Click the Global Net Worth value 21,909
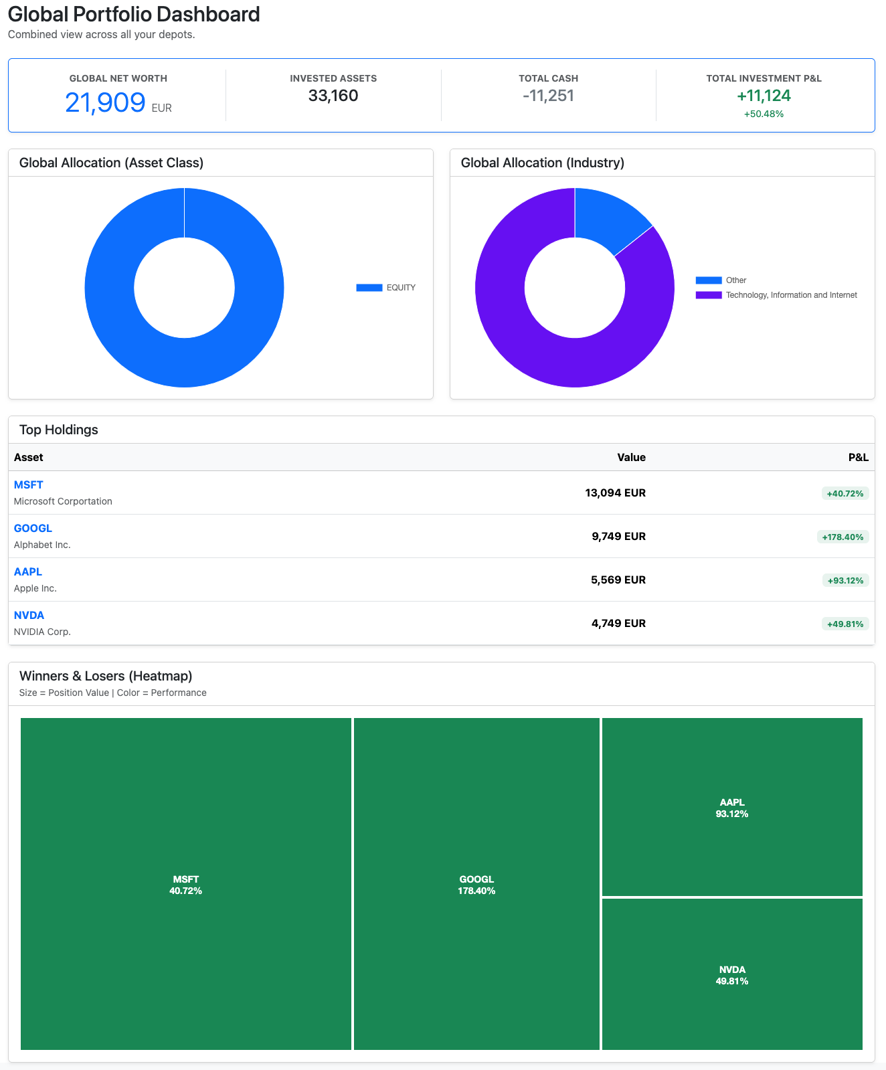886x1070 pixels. click(x=105, y=102)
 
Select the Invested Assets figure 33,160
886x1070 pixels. click(x=333, y=96)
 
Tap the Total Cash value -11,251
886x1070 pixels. click(x=548, y=96)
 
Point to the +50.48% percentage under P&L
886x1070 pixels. click(x=764, y=114)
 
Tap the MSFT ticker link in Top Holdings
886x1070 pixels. click(x=28, y=484)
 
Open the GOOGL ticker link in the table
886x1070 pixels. click(x=33, y=528)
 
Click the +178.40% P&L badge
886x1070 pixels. click(x=843, y=537)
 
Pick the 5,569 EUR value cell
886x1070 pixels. click(x=618, y=579)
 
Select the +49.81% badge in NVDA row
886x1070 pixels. click(x=845, y=624)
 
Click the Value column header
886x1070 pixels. click(x=631, y=457)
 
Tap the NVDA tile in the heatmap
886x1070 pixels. click(x=732, y=974)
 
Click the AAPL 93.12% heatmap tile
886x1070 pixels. click(x=732, y=807)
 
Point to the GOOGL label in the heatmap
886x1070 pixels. click(x=476, y=879)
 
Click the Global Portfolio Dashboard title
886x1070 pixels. click(x=134, y=14)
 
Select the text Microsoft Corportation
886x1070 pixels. click(x=63, y=501)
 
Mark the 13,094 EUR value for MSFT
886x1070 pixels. click(x=615, y=493)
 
